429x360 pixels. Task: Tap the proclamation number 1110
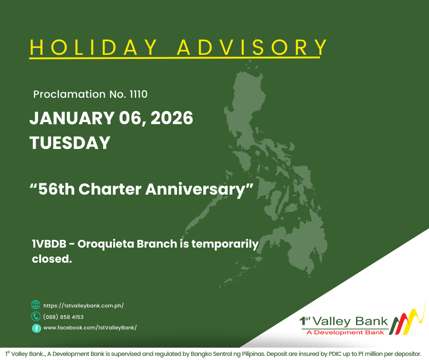[x=138, y=95]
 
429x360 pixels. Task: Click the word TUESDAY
[x=70, y=143]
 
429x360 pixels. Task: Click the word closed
[x=52, y=259]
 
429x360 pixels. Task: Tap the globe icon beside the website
[x=36, y=305]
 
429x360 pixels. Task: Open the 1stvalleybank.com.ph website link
[x=84, y=306]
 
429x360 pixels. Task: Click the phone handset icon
[x=36, y=317]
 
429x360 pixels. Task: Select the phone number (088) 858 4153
[x=63, y=317]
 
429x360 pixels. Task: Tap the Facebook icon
[x=36, y=328]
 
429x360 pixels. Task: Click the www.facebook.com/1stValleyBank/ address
[x=90, y=328]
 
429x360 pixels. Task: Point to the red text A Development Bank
[x=345, y=332]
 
